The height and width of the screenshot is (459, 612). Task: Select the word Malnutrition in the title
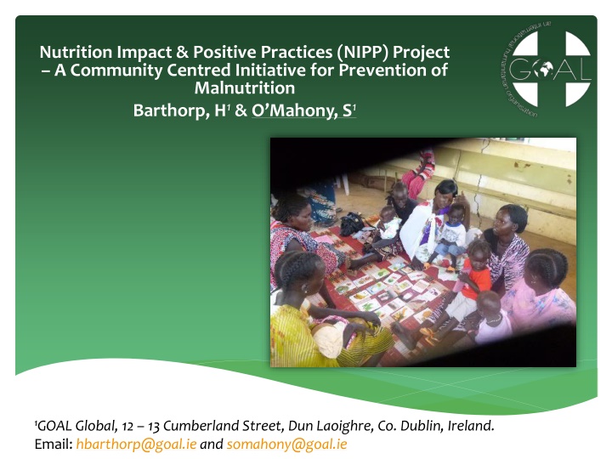[245, 88]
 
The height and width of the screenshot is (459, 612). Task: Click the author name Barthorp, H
[180, 110]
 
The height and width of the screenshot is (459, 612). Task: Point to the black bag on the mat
[351, 224]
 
